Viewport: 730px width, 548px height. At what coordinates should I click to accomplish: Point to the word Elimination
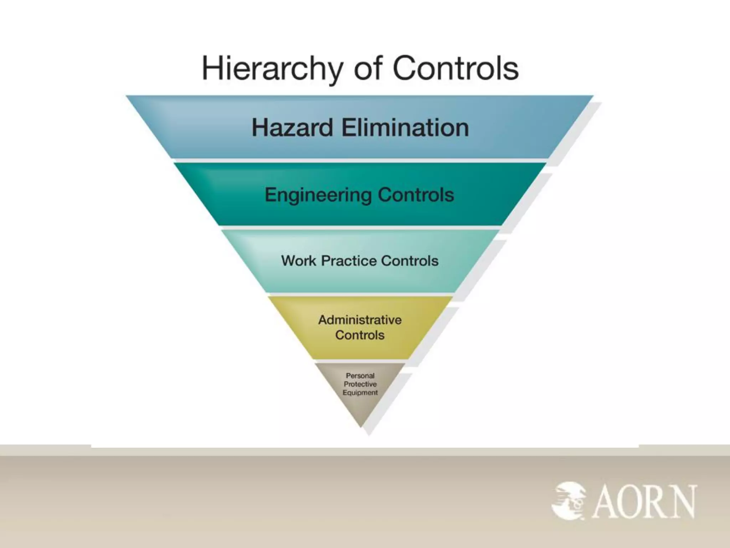[x=405, y=128]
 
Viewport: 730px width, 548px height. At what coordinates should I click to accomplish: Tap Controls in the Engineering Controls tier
[x=416, y=195]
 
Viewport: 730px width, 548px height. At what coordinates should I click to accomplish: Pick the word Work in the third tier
[x=298, y=261]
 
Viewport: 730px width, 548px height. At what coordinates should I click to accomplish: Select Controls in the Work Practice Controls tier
[x=410, y=261]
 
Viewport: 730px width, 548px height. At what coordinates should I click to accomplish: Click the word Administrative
[x=360, y=320]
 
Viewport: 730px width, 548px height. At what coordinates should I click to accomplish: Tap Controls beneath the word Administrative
[x=360, y=335]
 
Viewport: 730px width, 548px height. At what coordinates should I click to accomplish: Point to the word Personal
[x=360, y=376]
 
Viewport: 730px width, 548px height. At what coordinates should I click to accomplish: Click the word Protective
[x=360, y=384]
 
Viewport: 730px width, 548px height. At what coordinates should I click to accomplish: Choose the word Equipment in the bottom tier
[x=360, y=392]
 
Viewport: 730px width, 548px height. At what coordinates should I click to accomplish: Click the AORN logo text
[x=644, y=501]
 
